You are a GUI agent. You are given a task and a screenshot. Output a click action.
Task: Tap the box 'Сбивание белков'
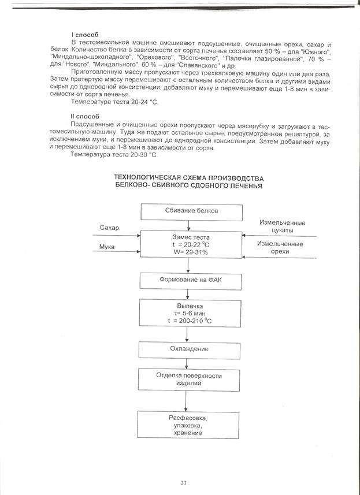pos(191,211)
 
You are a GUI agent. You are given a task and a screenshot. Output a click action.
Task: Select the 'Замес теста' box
pos(191,245)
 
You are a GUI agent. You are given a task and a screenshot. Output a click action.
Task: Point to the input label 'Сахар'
pos(109,228)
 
